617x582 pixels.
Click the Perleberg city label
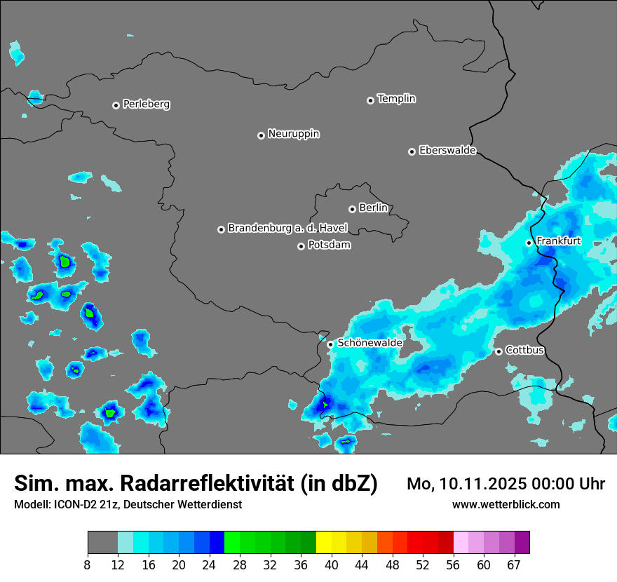coord(146,104)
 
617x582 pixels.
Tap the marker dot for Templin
coord(370,100)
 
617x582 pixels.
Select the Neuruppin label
coord(293,134)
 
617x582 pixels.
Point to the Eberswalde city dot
coord(412,151)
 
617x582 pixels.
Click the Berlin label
coord(373,208)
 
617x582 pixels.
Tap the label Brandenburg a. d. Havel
coord(287,229)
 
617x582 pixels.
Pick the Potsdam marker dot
coord(301,246)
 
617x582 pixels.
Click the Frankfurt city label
coord(558,241)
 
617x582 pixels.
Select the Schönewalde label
coord(369,343)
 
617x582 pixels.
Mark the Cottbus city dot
coord(499,351)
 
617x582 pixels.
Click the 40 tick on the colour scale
coord(332,564)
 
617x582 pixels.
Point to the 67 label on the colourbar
coord(514,564)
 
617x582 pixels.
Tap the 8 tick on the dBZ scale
coord(88,564)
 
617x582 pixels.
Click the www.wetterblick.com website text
coord(506,505)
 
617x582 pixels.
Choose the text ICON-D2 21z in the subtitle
coord(85,505)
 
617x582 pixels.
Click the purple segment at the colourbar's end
coord(522,543)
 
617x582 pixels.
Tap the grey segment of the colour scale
coord(102,543)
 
